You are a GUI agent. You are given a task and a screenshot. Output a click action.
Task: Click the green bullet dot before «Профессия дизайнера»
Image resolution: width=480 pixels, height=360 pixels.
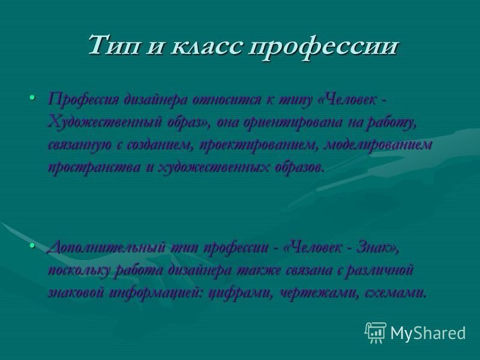[32, 97]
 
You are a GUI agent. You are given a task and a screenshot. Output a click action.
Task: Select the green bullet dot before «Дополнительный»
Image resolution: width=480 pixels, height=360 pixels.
[32, 245]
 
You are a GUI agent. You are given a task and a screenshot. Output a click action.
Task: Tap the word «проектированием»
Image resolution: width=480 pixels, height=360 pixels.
[257, 145]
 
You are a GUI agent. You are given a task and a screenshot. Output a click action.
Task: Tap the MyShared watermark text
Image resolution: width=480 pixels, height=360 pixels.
[428, 332]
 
